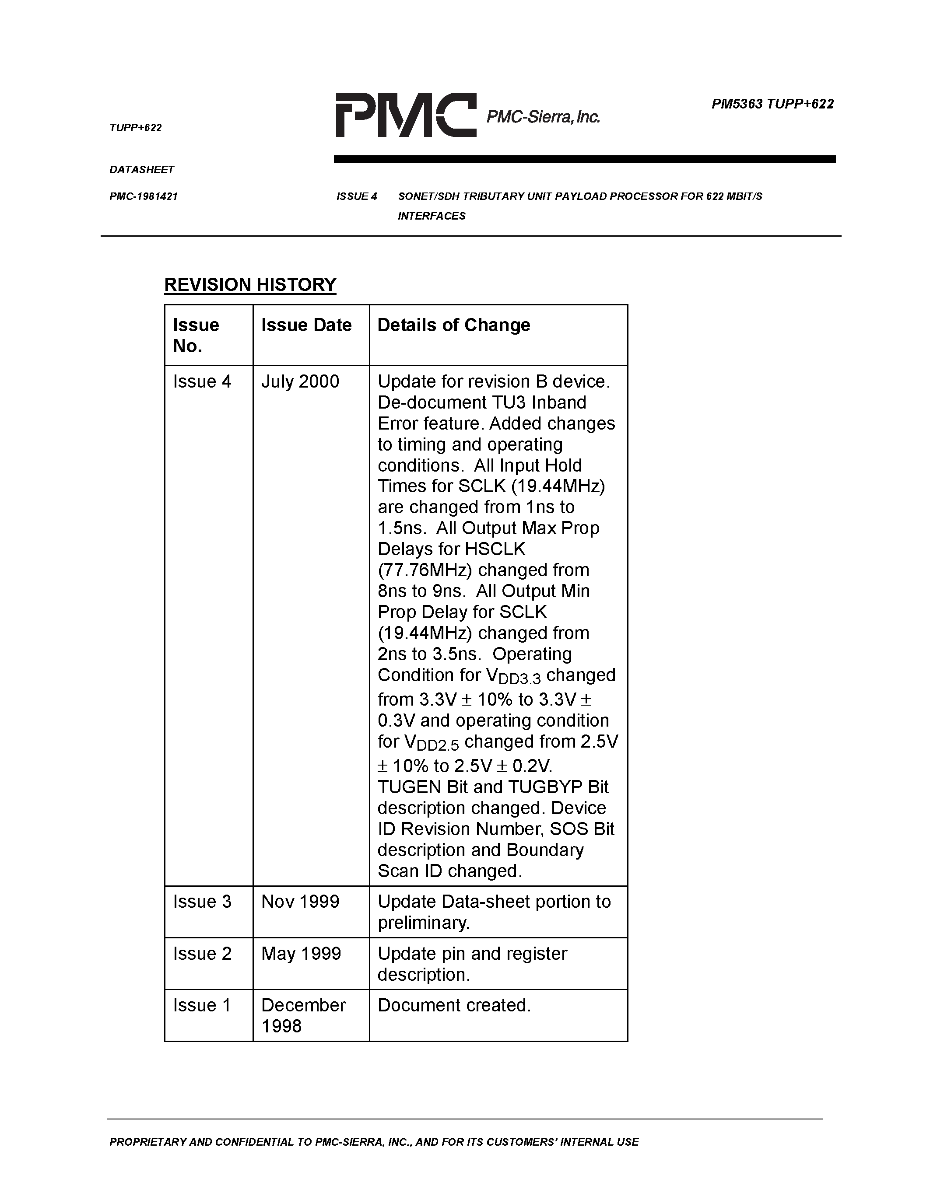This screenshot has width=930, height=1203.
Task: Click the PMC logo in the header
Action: coord(406,115)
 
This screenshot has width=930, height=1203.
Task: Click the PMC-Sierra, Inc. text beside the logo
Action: coord(543,117)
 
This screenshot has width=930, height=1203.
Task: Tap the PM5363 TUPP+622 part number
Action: coord(772,104)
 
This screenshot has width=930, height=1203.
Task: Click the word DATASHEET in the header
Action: coord(142,170)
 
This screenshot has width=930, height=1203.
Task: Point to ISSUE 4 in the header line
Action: coord(356,197)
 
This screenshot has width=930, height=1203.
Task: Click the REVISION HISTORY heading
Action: coord(250,285)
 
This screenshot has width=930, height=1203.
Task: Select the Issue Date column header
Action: coord(306,325)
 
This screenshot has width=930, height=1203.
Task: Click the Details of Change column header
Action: coord(453,325)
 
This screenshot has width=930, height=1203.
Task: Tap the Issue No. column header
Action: coord(196,335)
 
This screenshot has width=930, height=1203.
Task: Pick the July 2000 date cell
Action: coord(300,382)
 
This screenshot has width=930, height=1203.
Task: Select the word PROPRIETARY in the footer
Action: coord(147,1142)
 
